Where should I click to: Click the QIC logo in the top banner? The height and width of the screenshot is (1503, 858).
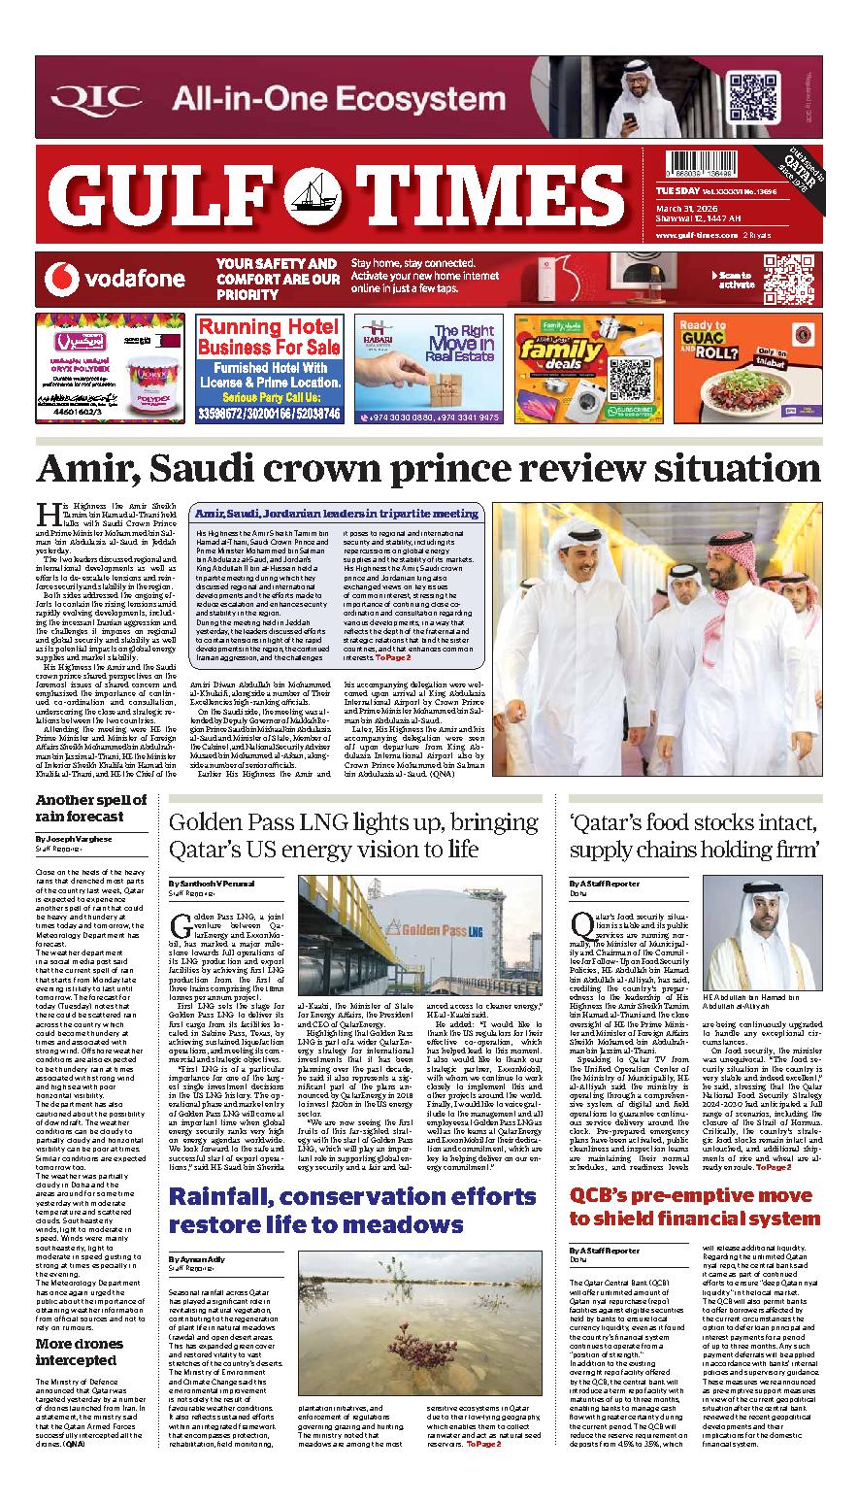(x=95, y=98)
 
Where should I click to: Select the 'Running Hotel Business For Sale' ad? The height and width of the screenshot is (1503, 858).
(x=268, y=368)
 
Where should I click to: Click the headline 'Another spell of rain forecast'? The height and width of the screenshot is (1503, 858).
(x=91, y=808)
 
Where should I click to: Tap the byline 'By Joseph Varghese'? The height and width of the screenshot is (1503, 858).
(x=73, y=837)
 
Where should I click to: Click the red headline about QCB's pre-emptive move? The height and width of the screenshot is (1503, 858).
(x=695, y=1205)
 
